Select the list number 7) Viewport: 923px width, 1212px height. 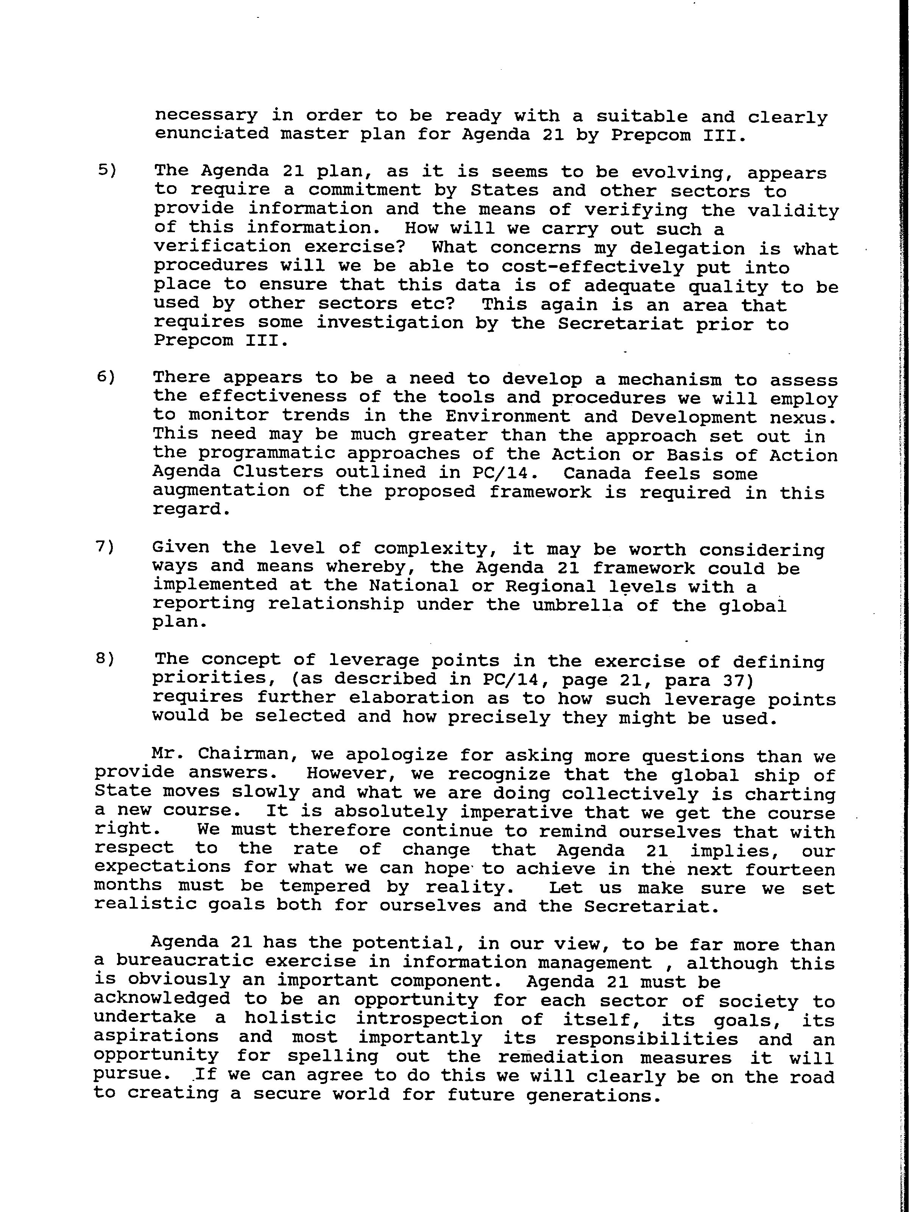pos(105,547)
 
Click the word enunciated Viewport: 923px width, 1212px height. pos(212,134)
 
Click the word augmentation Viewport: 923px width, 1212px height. pos(221,491)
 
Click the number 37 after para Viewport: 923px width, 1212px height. pos(737,681)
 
